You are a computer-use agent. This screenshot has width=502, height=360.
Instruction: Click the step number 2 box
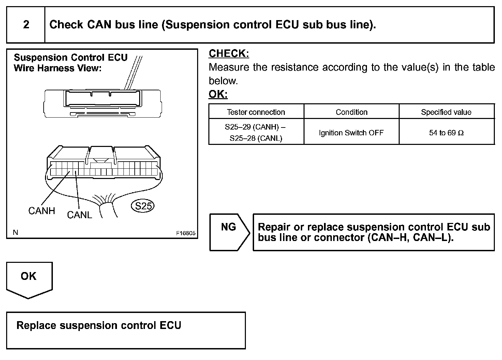(x=26, y=25)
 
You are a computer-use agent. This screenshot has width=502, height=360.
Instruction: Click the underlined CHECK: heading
(x=229, y=54)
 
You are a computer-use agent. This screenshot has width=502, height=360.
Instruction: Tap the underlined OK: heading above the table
(x=218, y=94)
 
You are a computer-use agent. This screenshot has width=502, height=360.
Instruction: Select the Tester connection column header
(x=256, y=112)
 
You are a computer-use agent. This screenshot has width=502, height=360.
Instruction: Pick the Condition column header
(x=351, y=112)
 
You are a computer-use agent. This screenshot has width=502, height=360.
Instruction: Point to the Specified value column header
(x=446, y=112)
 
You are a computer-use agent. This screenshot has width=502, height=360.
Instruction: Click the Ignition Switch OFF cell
(x=351, y=133)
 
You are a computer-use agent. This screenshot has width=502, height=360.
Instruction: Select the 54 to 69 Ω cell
(x=446, y=133)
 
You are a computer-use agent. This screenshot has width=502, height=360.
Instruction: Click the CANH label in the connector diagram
(x=42, y=211)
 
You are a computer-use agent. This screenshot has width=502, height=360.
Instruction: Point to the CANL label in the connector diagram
(x=79, y=215)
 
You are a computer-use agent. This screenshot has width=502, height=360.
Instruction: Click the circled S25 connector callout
(x=143, y=206)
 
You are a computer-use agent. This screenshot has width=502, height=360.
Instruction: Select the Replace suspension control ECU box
(x=125, y=330)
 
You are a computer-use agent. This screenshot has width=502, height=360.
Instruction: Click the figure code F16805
(x=186, y=233)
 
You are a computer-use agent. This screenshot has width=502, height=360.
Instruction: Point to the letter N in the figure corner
(x=15, y=232)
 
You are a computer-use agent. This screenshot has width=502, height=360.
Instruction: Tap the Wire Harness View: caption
(x=58, y=68)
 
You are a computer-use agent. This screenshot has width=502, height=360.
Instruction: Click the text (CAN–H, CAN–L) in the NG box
(x=411, y=237)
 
